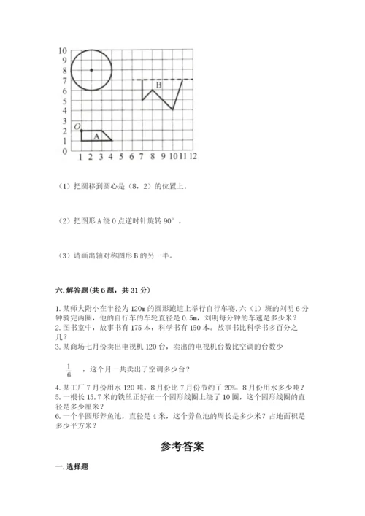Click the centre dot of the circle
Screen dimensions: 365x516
tap(91, 70)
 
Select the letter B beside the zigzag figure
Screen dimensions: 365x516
tap(158, 85)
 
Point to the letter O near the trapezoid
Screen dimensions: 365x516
tap(76, 126)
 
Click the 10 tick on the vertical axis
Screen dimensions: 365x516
tap(63, 50)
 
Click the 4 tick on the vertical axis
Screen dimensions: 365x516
tap(64, 111)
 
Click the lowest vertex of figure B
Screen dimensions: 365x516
tap(172, 109)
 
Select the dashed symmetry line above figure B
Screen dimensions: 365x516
tap(162, 80)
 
